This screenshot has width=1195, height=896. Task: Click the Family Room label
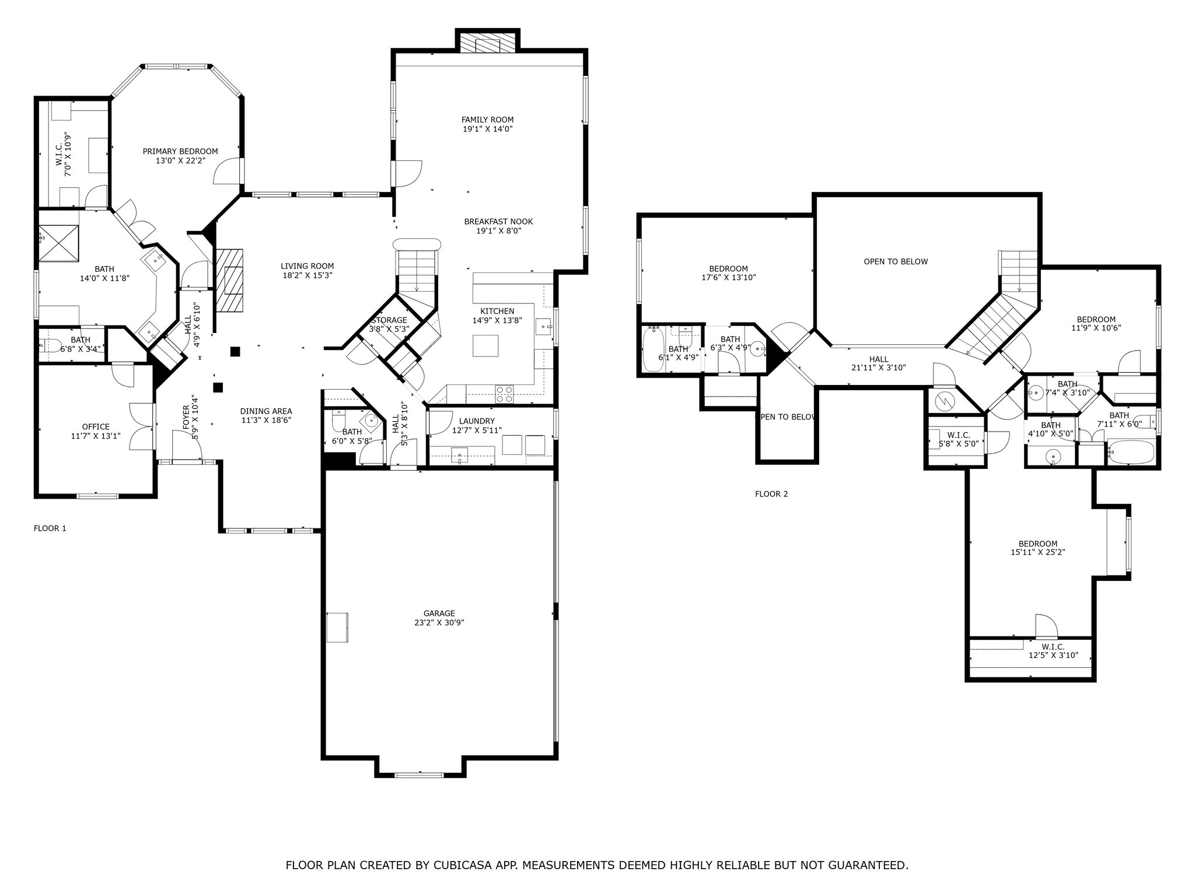487,120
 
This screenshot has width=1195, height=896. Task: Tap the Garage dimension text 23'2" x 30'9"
439,622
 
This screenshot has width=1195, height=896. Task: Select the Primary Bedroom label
180,151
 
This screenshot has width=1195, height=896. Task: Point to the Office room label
96,426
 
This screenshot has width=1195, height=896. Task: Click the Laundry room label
477,421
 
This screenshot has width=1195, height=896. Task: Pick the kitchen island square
485,345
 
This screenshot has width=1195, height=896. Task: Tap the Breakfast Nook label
498,222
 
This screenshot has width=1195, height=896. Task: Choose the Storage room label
389,320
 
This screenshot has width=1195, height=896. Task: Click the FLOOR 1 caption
50,528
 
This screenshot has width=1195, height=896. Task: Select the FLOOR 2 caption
771,494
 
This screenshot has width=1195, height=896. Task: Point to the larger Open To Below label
896,261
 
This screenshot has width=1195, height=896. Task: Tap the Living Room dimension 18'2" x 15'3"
307,275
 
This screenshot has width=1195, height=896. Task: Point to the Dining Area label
266,411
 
